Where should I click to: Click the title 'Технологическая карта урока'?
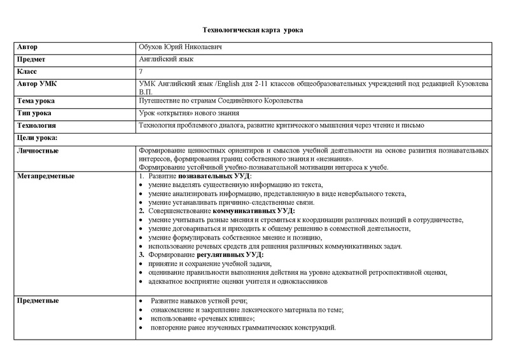click(x=253, y=30)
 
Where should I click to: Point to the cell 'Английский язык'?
click(x=165, y=60)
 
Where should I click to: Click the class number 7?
click(x=141, y=71)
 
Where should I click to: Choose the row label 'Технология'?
click(x=37, y=125)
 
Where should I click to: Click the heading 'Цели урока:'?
click(x=38, y=137)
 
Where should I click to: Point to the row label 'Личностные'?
click(x=38, y=150)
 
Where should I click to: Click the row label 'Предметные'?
click(x=39, y=300)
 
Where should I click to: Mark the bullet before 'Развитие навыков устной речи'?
click(x=141, y=300)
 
